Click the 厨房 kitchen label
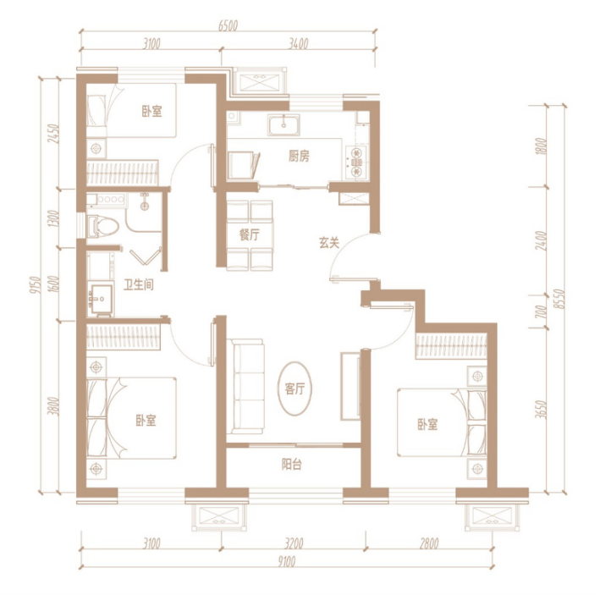[299, 156]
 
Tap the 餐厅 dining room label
[249, 234]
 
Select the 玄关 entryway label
[329, 243]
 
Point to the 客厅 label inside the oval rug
[294, 388]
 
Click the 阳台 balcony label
[292, 464]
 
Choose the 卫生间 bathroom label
[139, 284]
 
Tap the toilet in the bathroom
[102, 227]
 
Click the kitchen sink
[284, 124]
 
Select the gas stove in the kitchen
[356, 163]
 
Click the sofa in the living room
[245, 387]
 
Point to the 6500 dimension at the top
[228, 25]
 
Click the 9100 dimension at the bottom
[286, 562]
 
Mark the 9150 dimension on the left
[35, 284]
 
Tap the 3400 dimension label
[298, 44]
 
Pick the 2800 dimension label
[428, 543]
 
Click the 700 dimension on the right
[540, 311]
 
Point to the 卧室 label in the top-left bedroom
[152, 112]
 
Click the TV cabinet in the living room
[350, 387]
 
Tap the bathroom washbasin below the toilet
[100, 299]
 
